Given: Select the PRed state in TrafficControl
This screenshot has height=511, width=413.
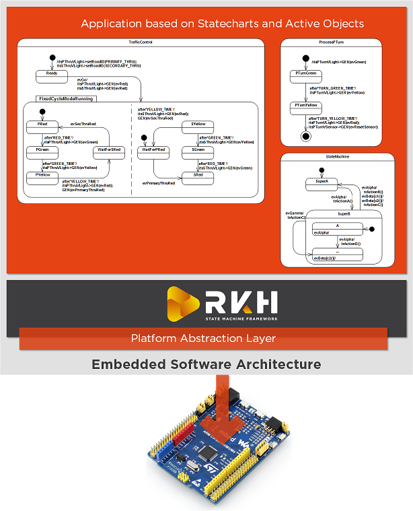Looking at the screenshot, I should [x=42, y=125].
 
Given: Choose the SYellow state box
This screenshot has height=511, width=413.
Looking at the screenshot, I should [x=198, y=125].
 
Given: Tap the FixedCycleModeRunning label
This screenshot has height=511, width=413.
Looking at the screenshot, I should [x=66, y=98].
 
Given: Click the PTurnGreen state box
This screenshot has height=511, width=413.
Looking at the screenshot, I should [x=306, y=73].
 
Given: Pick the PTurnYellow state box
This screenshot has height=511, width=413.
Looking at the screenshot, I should [x=306, y=106].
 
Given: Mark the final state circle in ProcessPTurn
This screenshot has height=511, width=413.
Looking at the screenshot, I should [x=306, y=136].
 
